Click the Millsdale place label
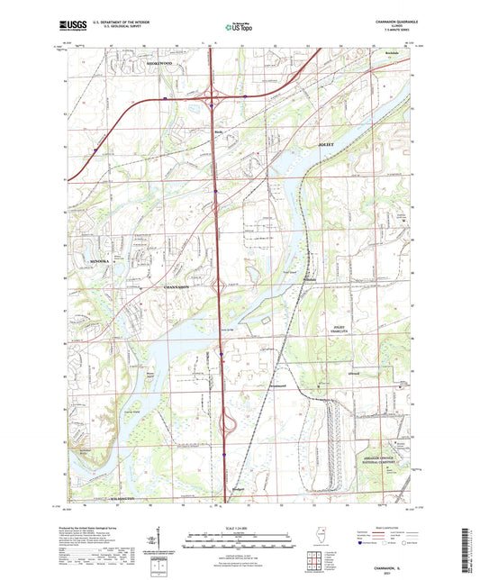(310, 278)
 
